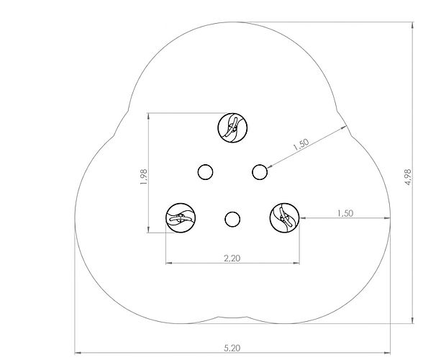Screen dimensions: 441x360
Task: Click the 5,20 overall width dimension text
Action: point(232,348)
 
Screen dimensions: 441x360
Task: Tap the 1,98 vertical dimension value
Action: point(143,177)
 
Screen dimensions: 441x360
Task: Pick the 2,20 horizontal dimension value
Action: point(232,258)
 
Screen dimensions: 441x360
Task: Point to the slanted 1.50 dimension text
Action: point(301,145)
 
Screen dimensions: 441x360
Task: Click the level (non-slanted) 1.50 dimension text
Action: point(345,213)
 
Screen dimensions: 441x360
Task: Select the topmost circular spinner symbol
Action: point(232,127)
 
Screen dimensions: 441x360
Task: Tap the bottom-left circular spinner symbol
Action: point(181,218)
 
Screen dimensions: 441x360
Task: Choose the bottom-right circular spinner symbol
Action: point(284,218)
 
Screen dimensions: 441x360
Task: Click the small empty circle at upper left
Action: point(205,172)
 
